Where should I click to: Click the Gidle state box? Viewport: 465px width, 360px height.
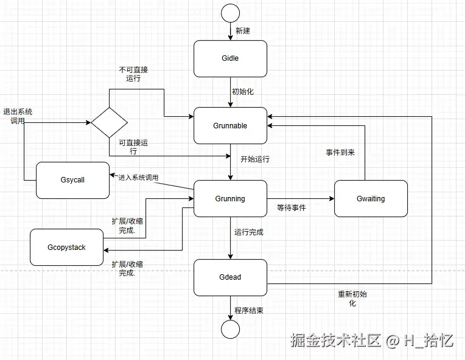[230, 59]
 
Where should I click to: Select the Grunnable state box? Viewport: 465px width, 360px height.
[230, 126]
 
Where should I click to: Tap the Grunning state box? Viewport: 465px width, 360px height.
[230, 199]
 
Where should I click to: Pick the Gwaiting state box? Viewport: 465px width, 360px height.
[371, 199]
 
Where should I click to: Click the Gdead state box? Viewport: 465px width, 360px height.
[230, 277]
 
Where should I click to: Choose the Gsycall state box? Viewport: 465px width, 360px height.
[72, 181]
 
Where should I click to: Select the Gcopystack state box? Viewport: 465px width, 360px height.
[66, 247]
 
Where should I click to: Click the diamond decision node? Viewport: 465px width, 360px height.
[109, 122]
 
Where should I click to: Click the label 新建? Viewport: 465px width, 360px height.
[243, 30]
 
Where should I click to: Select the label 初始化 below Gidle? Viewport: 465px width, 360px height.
[242, 92]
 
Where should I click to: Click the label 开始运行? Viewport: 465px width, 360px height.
[254, 159]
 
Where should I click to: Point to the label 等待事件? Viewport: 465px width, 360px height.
[291, 208]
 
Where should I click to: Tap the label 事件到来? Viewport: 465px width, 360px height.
[340, 153]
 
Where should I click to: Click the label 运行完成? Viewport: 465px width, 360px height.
[249, 232]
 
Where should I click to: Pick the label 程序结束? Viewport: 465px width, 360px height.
[249, 311]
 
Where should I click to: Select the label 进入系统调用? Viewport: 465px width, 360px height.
[138, 178]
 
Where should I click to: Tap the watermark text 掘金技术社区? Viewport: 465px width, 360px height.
[335, 340]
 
